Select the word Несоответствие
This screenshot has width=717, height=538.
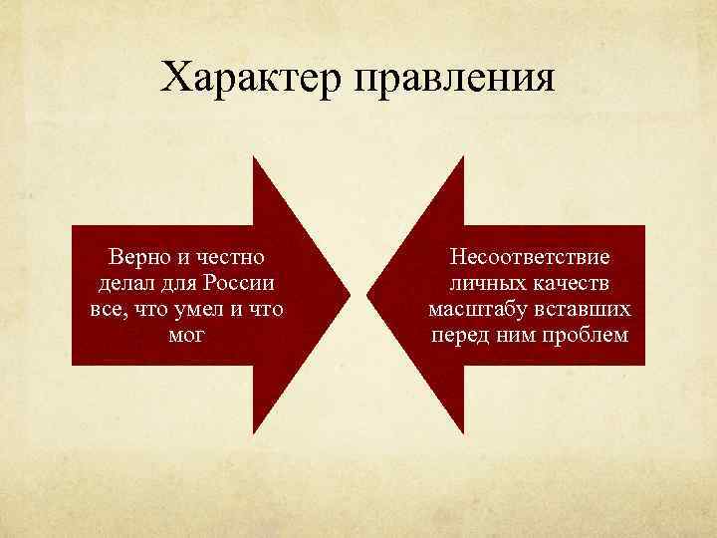point(529,257)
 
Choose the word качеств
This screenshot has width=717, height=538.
point(574,283)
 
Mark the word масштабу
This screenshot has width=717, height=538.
point(474,309)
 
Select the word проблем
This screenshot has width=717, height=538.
point(589,335)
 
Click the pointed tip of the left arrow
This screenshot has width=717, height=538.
point(351,295)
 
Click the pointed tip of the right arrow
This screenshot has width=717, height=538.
point(368,295)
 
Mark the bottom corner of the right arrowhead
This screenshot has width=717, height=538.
point(465,432)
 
